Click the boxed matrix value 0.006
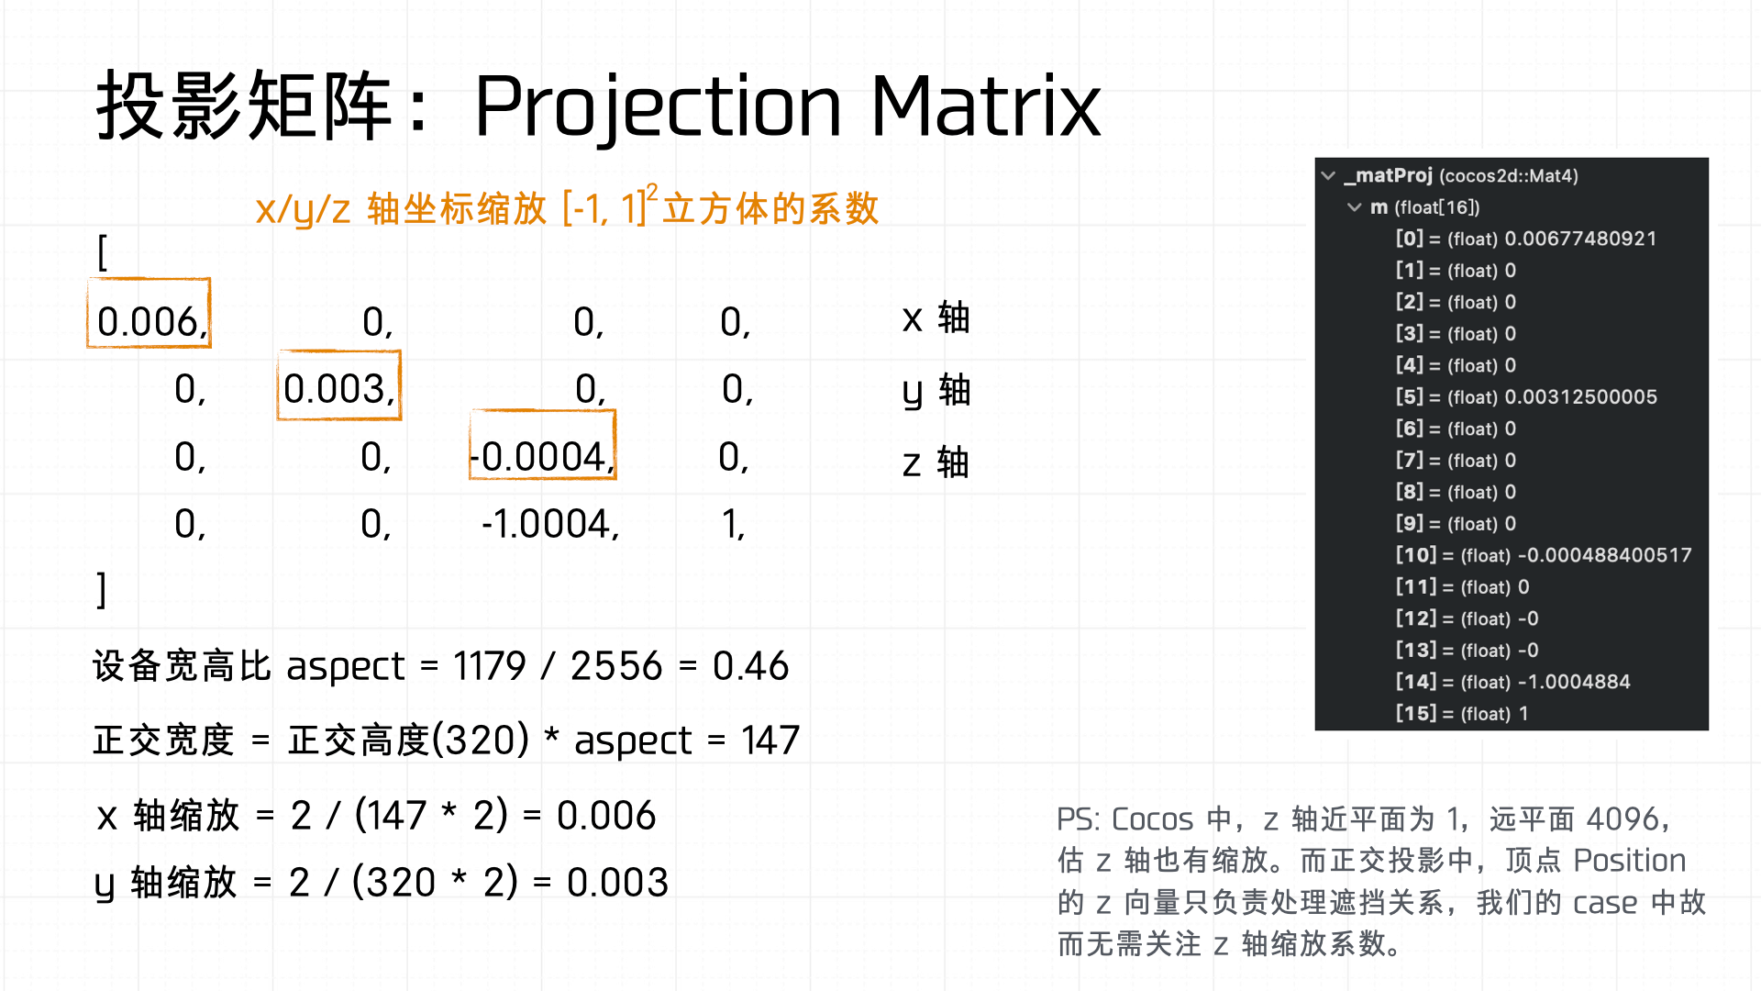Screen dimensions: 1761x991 (x=150, y=322)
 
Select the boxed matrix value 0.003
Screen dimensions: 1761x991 (x=338, y=389)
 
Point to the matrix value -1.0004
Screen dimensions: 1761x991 (x=550, y=524)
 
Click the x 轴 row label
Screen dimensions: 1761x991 (x=936, y=318)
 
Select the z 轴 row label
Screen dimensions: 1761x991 (x=936, y=462)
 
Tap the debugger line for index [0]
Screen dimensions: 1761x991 (x=1526, y=239)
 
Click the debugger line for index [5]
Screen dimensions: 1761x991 (x=1526, y=397)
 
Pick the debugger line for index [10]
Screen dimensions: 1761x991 (x=1544, y=555)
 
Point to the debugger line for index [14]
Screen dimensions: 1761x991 (x=1513, y=682)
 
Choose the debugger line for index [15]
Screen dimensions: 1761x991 (x=1462, y=714)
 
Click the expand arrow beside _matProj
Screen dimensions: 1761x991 (x=1328, y=175)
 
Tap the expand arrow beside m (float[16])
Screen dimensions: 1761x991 (x=1354, y=207)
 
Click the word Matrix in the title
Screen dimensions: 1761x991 (x=985, y=106)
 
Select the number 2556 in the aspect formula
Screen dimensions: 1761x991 (x=616, y=666)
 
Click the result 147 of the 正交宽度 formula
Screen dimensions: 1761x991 (x=770, y=740)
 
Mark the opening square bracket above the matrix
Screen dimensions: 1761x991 (x=102, y=251)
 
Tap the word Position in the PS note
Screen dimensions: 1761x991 (x=1629, y=861)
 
